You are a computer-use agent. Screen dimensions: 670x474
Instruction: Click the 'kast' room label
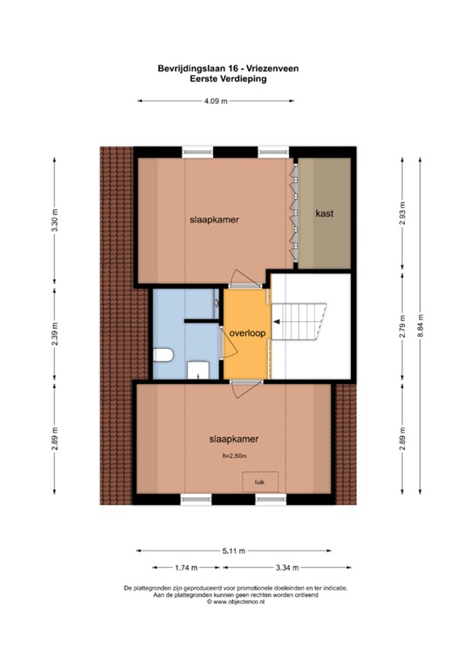click(325, 213)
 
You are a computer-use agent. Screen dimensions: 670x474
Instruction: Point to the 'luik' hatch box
click(259, 481)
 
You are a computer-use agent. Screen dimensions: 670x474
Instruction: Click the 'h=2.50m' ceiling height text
click(234, 455)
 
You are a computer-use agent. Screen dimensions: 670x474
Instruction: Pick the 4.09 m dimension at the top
click(215, 102)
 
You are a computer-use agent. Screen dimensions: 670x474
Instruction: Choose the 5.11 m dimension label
click(234, 550)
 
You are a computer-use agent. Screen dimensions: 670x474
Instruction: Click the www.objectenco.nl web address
click(237, 602)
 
